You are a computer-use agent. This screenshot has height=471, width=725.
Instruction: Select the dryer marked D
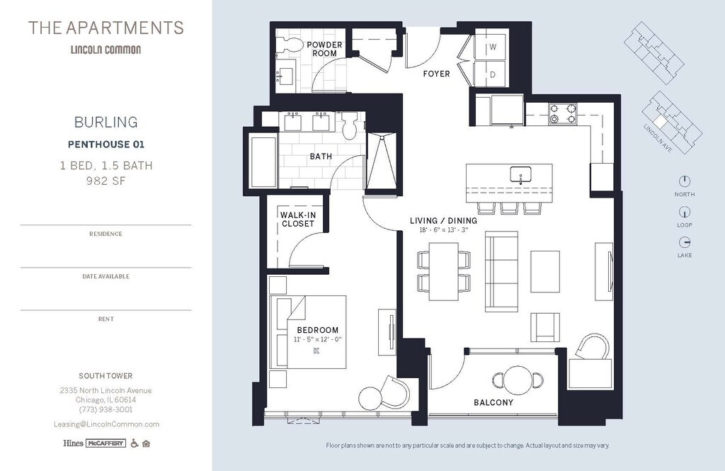point(492,74)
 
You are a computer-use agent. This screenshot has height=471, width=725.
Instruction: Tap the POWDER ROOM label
point(324,49)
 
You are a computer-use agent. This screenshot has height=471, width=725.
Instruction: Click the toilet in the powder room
point(290,45)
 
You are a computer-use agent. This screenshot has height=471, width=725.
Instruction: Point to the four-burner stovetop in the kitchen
point(563,113)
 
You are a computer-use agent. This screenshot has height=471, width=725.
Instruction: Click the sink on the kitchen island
point(520,175)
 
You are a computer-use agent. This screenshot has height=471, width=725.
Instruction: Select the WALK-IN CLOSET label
point(298,220)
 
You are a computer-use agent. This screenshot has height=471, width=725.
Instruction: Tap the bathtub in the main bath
point(263,160)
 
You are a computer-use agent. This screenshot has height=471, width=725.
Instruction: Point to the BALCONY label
point(493,402)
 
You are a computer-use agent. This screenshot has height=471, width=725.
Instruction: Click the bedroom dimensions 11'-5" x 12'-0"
point(318,339)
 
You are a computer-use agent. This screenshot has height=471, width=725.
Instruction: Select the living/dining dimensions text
point(443,229)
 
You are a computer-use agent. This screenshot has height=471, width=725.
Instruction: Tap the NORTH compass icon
point(685,181)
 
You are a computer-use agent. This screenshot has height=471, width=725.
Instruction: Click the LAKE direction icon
point(685,242)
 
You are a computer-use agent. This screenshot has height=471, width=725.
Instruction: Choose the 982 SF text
point(106,181)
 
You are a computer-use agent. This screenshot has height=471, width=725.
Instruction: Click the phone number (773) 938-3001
point(105,409)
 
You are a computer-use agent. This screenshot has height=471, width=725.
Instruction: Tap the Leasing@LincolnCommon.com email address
point(106,424)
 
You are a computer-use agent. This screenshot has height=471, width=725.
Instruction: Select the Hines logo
point(73,443)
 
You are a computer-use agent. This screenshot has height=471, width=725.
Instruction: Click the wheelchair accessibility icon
point(134,443)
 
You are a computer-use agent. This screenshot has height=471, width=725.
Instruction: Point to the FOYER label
point(436,74)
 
